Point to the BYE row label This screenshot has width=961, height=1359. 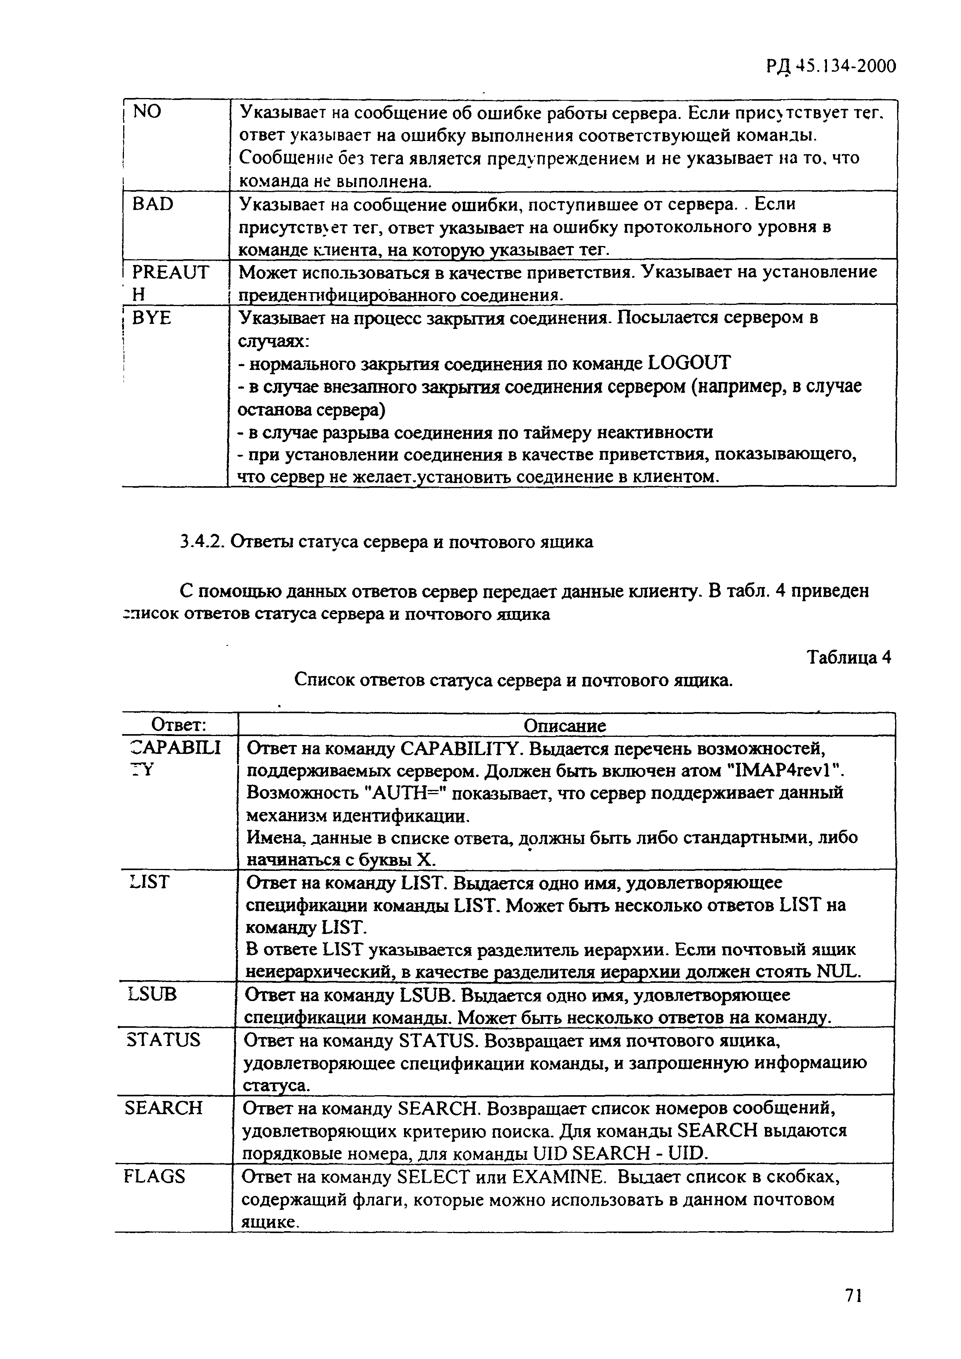[x=151, y=318]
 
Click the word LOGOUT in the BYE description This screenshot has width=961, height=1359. [x=690, y=362]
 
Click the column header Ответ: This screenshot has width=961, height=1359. [x=178, y=725]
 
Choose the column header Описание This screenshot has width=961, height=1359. [x=565, y=726]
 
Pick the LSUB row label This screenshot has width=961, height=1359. [x=152, y=994]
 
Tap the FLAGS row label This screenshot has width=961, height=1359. [x=155, y=1176]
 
